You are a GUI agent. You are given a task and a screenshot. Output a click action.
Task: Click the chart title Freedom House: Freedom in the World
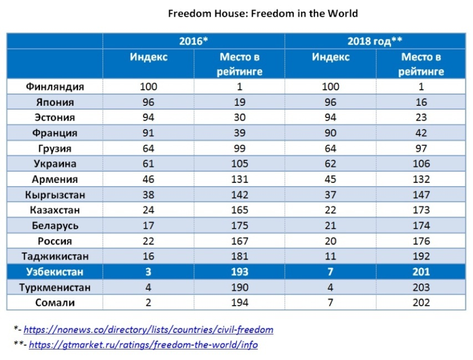(x=263, y=14)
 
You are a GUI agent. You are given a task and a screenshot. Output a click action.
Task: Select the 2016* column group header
(x=194, y=41)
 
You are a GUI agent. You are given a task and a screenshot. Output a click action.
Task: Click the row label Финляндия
(x=55, y=87)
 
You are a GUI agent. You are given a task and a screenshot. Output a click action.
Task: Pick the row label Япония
(x=55, y=102)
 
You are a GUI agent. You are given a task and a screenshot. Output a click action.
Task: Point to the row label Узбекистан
(x=55, y=272)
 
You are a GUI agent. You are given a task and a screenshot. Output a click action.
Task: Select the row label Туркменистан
(x=55, y=287)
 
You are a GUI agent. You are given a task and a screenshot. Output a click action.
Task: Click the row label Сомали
(x=55, y=303)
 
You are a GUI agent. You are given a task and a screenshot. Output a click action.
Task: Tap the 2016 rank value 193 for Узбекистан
(x=239, y=272)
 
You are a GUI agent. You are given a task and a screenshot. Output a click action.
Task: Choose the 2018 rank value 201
(x=421, y=272)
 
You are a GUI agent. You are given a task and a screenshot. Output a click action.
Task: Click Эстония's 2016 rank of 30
(x=239, y=118)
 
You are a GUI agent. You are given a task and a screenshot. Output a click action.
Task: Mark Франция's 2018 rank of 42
(x=421, y=133)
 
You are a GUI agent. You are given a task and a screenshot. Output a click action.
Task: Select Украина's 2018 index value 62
(x=330, y=164)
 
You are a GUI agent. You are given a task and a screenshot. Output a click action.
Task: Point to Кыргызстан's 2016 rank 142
(x=239, y=195)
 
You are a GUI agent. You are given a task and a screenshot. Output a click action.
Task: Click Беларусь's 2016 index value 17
(x=148, y=225)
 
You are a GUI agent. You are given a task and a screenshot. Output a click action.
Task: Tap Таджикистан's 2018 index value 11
(x=330, y=256)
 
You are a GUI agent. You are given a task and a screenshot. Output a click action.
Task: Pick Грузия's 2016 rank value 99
(x=239, y=148)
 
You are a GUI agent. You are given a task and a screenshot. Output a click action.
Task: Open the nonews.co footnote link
(x=148, y=330)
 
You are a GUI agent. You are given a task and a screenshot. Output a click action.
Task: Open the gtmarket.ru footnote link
(x=143, y=345)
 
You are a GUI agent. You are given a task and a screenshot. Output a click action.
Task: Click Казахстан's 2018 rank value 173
(x=421, y=210)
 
